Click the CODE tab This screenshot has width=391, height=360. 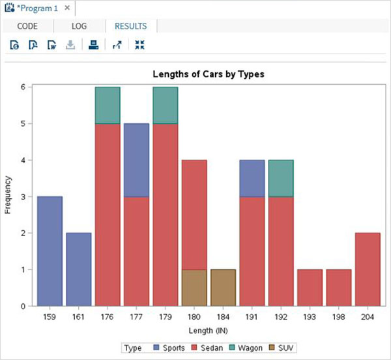click(x=27, y=27)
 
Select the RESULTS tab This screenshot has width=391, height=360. click(x=131, y=27)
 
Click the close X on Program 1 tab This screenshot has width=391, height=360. click(x=66, y=8)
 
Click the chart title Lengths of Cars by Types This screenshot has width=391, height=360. click(x=208, y=74)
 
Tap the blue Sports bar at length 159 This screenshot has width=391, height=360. click(x=50, y=250)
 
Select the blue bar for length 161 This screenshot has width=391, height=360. click(x=79, y=269)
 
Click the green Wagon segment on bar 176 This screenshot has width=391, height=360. click(x=108, y=105)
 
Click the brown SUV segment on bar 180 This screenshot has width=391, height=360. click(x=194, y=287)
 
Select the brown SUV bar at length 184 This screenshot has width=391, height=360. click(x=223, y=287)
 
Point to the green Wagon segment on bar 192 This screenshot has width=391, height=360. click(x=281, y=178)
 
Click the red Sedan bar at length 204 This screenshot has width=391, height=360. click(x=368, y=269)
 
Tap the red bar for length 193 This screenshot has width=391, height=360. click(x=310, y=287)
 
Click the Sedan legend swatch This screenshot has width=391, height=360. click(x=193, y=348)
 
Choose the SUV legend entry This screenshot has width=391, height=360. click(x=281, y=348)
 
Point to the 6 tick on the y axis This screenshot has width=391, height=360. click(x=23, y=87)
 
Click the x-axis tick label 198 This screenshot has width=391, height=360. click(x=339, y=317)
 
